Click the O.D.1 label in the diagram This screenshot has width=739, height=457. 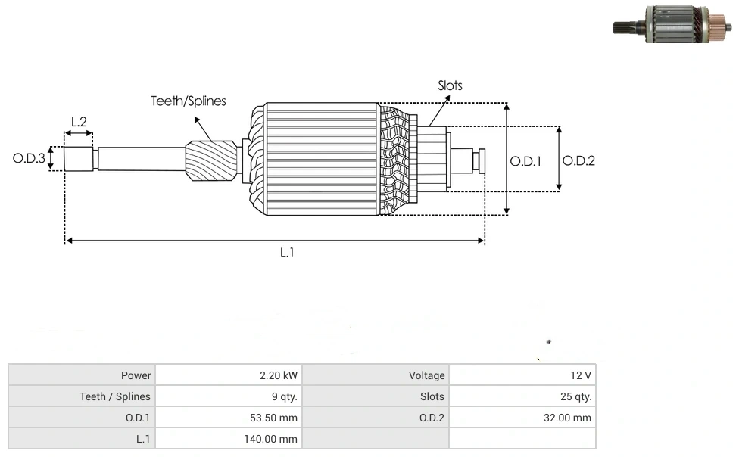(525, 161)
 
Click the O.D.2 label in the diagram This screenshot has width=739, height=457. (578, 160)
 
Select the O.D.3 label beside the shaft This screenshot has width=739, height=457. (29, 159)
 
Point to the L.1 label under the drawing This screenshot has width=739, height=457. (287, 253)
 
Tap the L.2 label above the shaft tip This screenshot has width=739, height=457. (79, 121)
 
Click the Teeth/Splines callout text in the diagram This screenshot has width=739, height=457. (189, 101)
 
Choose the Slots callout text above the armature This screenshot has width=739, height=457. (450, 85)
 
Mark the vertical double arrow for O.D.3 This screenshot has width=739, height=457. (51, 159)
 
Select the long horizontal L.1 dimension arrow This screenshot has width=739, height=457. (274, 241)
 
